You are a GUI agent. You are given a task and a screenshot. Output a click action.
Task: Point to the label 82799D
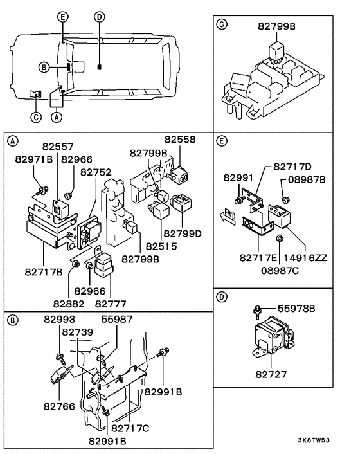pos(183,233)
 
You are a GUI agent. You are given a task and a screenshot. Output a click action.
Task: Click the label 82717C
pos(130,428)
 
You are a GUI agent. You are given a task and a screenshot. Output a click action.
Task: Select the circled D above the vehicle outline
pos(98,16)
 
